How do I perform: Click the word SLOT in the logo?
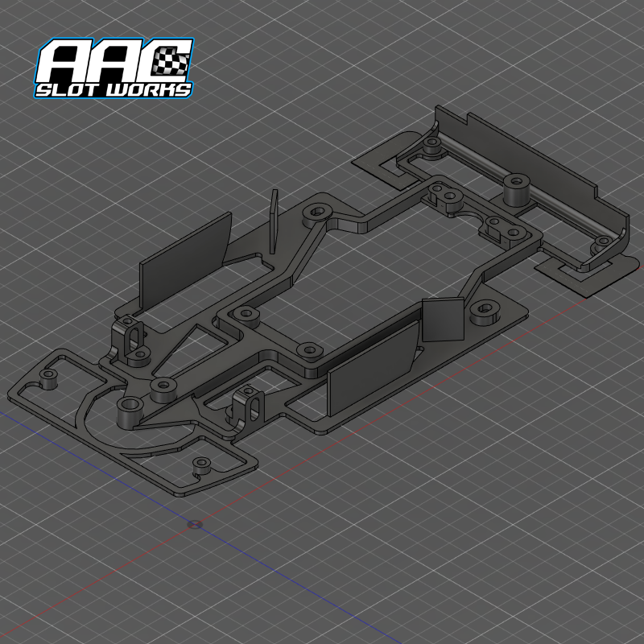click(x=69, y=89)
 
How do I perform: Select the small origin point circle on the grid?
click(x=193, y=524)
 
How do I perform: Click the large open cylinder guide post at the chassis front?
click(x=129, y=411)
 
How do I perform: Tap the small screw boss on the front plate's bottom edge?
click(x=200, y=466)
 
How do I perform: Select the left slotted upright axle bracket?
click(x=130, y=336)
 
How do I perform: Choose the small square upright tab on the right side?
click(x=445, y=320)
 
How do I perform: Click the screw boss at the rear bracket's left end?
click(x=431, y=146)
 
